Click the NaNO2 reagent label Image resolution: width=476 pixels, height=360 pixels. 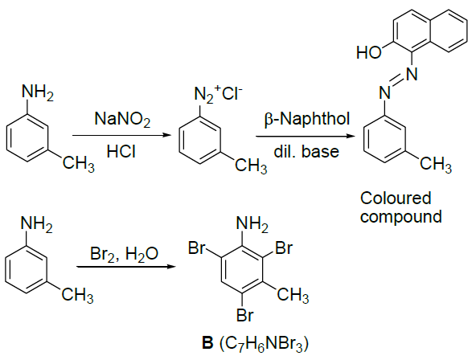coord(122,119)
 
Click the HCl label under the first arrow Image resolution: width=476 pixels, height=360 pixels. coord(121,151)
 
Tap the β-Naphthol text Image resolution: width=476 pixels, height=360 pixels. coord(307,119)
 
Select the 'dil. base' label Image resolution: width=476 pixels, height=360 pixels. coord(306,151)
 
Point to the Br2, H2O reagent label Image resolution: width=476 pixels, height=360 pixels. coord(124,254)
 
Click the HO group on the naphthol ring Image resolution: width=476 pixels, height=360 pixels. coord(369,52)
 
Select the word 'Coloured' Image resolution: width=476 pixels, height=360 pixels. coord(396,198)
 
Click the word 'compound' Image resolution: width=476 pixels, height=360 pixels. coord(400,216)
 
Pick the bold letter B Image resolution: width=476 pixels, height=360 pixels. coord(207,343)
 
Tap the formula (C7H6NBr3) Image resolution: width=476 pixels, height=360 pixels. coord(263,344)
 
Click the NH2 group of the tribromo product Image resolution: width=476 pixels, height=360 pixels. coord(252,225)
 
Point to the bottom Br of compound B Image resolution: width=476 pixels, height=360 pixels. coord(244,315)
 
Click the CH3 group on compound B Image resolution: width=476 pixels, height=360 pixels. coord(293,296)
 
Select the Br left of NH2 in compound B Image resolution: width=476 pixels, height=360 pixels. coord(197,247)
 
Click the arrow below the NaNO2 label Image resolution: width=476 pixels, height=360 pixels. coord(122,135)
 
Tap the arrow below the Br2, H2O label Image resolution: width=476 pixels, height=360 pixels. coord(126,267)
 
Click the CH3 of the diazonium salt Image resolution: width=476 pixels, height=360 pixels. coord(251,166)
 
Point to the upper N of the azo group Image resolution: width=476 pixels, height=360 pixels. coord(412,74)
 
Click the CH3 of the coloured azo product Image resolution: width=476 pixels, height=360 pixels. coord(436,166)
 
